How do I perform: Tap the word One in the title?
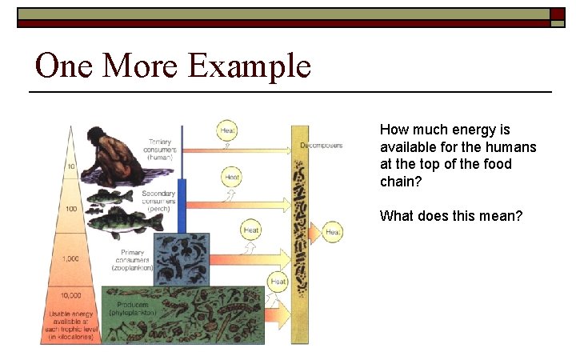64,66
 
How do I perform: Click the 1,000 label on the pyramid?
70,259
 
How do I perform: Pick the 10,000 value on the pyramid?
70,295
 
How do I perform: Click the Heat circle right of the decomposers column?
334,232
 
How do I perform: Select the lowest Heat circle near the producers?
278,282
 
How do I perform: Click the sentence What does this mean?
450,215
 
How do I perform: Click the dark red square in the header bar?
558,14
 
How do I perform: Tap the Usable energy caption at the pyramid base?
71,325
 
